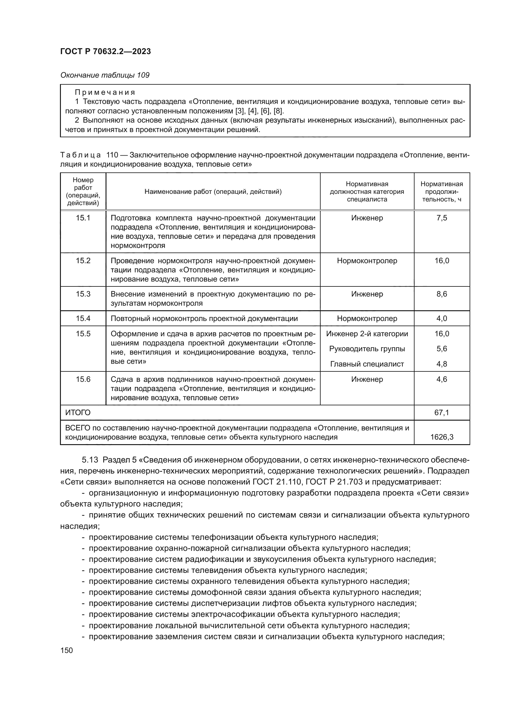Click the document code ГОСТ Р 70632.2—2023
105,51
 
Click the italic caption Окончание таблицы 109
105,75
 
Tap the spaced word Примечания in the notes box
105,92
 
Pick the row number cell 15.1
83,218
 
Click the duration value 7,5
441,218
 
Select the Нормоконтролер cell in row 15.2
367,261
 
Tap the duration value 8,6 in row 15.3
441,294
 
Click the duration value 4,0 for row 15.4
441,319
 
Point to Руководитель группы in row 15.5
367,349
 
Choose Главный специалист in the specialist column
367,364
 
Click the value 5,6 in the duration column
441,349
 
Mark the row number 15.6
83,379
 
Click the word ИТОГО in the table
78,413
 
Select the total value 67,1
441,413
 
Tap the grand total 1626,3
441,437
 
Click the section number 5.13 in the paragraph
90,460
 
